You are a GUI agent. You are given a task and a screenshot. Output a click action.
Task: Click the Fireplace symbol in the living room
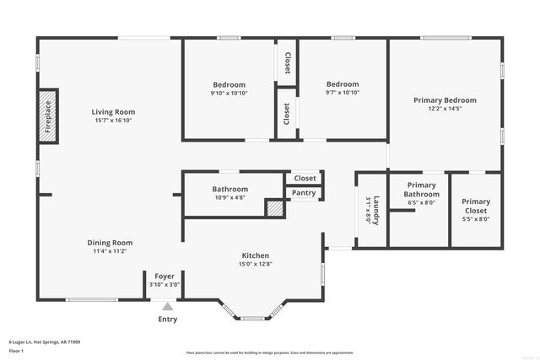point(48,117)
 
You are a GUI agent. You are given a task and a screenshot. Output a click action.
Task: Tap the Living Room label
point(113,111)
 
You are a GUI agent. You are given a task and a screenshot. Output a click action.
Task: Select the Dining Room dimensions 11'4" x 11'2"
point(110,251)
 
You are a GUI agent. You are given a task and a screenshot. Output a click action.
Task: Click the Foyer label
point(164,276)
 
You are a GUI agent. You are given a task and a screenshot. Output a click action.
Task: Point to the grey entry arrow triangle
point(167,308)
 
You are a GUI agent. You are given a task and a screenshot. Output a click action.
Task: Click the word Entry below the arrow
point(168,319)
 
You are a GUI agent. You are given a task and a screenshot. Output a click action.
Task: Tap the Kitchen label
point(256,255)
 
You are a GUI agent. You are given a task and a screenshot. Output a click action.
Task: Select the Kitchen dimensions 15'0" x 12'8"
point(256,263)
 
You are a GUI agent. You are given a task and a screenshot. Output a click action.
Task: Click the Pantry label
point(304,193)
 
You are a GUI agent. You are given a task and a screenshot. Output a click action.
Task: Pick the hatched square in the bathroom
point(274,208)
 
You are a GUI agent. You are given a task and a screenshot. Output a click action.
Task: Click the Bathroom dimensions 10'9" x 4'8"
point(229,197)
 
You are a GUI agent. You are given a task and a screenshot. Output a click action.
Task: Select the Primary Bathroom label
point(421,190)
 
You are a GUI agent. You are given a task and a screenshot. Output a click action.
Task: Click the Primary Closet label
point(476,206)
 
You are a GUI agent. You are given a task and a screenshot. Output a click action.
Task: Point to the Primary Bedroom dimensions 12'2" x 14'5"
point(445,109)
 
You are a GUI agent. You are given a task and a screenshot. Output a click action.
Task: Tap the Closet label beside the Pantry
point(305,178)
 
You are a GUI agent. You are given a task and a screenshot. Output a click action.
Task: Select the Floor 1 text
point(16,350)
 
